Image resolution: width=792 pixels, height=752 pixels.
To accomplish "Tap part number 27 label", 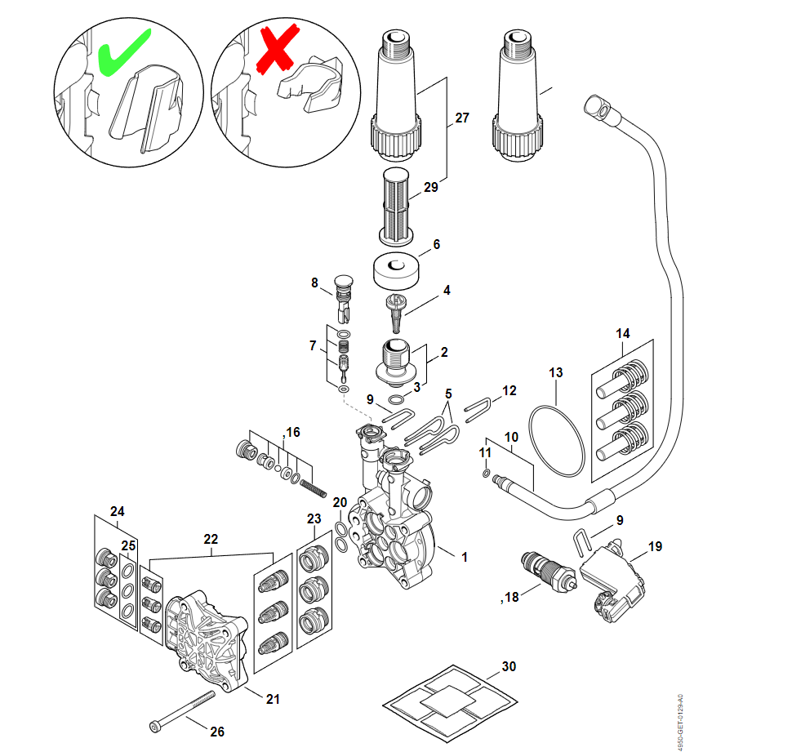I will [x=462, y=118].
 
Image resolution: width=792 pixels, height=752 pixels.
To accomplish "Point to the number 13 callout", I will [x=555, y=372].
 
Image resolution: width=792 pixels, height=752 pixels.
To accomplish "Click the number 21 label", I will [x=274, y=698].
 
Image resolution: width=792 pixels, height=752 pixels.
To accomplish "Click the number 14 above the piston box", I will [x=623, y=333].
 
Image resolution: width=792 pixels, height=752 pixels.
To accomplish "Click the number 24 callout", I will [x=118, y=512].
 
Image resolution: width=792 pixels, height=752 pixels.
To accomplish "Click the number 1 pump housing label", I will [x=465, y=557].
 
